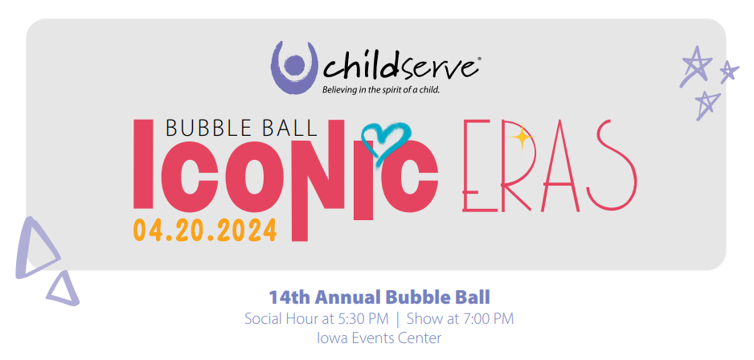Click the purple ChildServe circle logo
(x=295, y=67)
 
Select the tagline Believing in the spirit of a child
(x=381, y=89)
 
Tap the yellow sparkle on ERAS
(x=521, y=138)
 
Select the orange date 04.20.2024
(x=205, y=231)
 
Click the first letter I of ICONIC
(x=144, y=165)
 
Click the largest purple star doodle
(x=695, y=67)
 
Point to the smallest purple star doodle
(x=729, y=72)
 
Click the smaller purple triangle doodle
(x=64, y=290)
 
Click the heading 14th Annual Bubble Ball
(x=379, y=297)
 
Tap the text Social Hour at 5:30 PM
(x=317, y=319)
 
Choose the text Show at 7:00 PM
(x=460, y=319)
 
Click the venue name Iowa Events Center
(x=379, y=337)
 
